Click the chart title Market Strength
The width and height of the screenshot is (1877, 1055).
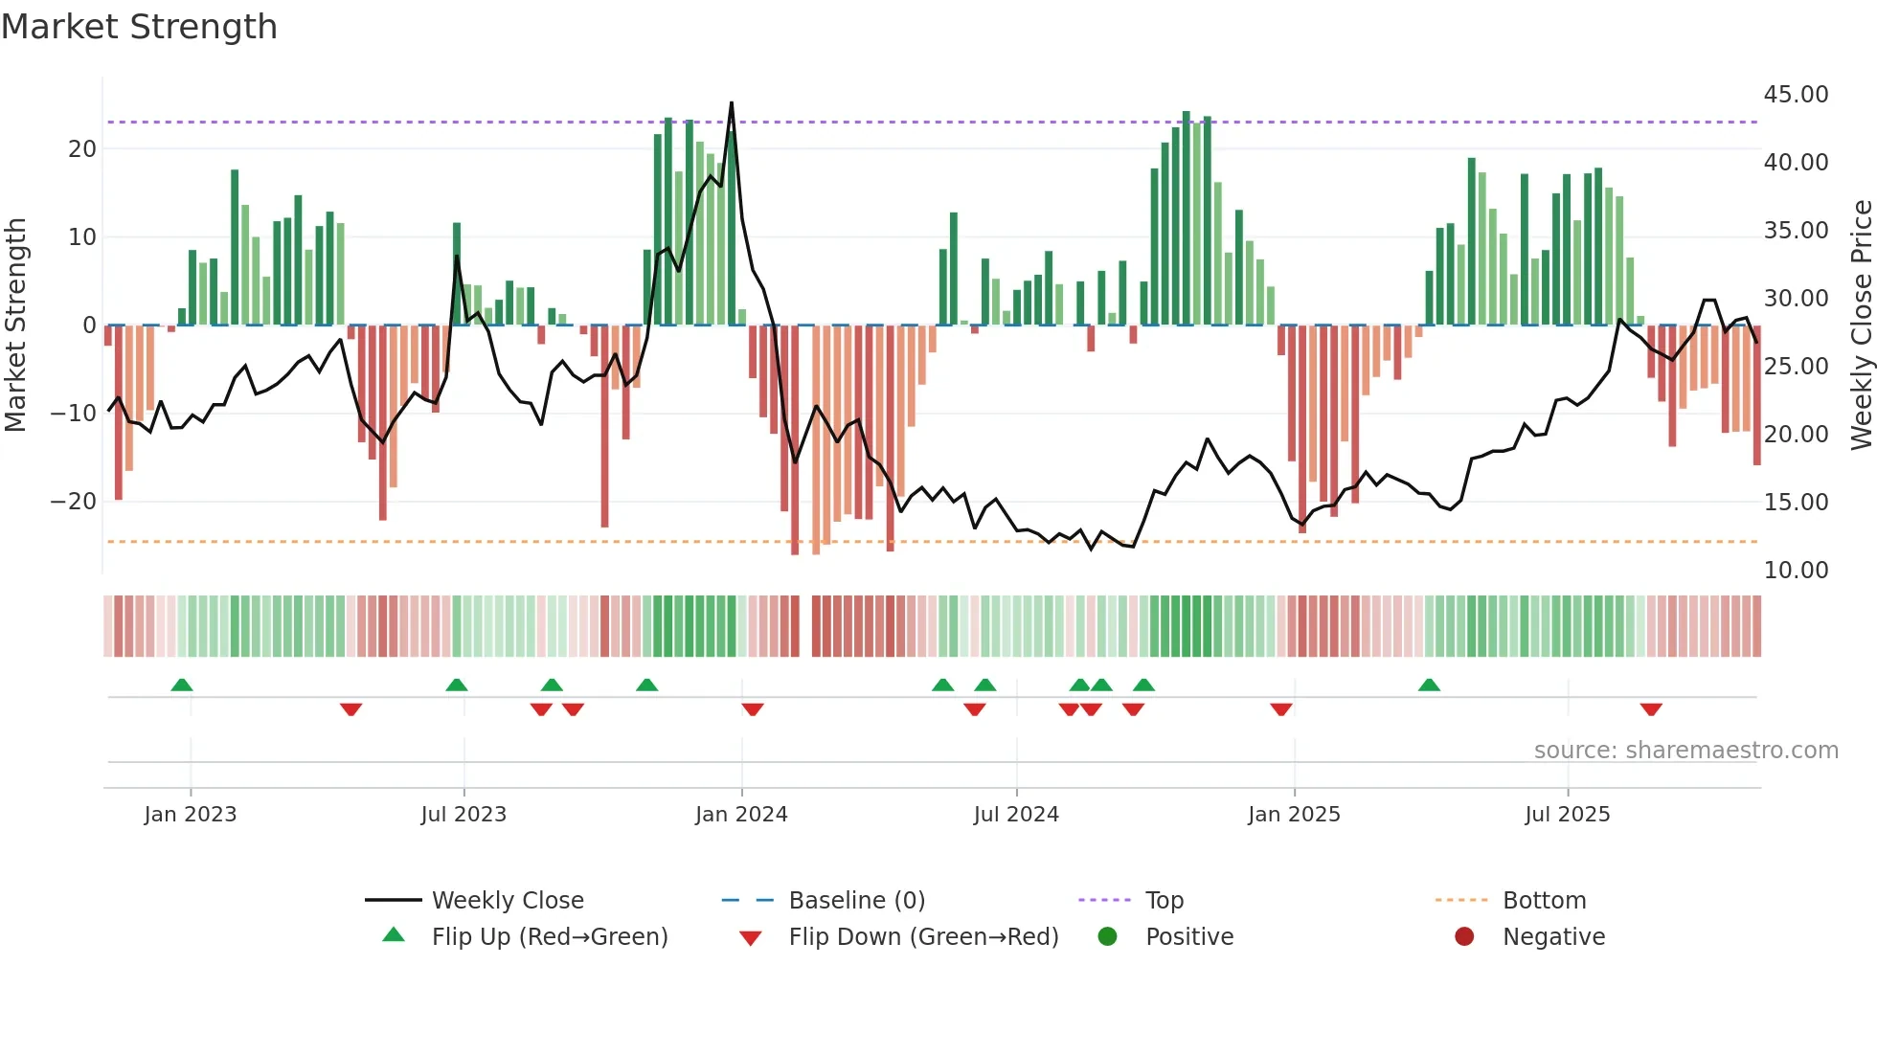[139, 27]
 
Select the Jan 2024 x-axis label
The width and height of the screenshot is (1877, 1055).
[741, 815]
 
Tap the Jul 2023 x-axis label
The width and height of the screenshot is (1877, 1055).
[464, 815]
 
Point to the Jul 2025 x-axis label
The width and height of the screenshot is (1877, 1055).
[1568, 815]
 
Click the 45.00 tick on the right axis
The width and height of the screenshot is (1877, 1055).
[1796, 95]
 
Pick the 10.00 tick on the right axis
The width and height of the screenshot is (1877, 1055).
[1796, 571]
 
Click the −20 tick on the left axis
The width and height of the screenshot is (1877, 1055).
[74, 502]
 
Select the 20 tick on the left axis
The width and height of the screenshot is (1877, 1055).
[82, 149]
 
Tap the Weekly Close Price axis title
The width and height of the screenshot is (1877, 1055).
[1861, 325]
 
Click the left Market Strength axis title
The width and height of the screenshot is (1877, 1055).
[16, 325]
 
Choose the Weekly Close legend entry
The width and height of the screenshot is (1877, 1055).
[507, 901]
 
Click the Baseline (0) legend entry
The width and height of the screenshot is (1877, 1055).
[856, 901]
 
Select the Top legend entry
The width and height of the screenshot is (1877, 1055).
[1164, 901]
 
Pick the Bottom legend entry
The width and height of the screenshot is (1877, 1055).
[1544, 901]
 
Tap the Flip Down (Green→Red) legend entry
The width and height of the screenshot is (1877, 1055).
[923, 937]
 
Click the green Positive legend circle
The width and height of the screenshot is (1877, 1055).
[1108, 937]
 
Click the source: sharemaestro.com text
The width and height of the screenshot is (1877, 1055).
[1685, 751]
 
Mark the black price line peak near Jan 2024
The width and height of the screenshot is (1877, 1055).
[732, 103]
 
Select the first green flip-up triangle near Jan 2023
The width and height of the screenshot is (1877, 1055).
[182, 685]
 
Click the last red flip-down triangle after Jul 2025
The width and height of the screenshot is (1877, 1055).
[1651, 709]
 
